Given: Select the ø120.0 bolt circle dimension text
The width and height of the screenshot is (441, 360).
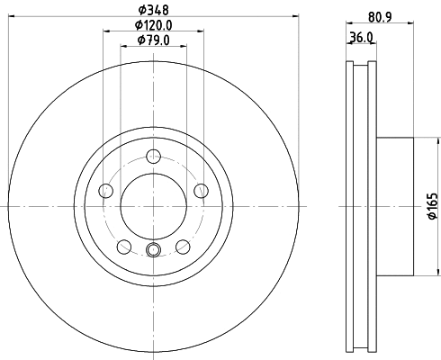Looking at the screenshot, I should [153, 24].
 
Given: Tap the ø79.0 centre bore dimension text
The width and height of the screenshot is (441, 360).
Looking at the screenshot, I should [153, 40].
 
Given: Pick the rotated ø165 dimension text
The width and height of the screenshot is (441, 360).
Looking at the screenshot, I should [430, 207].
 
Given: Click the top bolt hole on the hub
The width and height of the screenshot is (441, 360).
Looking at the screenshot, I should [153, 154].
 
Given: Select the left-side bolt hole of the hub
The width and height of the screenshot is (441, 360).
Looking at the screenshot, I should [105, 190].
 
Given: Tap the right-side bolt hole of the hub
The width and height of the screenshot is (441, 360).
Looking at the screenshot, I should [201, 190].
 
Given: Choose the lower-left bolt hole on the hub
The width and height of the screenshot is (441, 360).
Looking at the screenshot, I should [123, 246].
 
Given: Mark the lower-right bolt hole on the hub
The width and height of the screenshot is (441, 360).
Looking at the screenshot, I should [183, 246].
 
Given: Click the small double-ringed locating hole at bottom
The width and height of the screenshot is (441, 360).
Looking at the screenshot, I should [153, 251].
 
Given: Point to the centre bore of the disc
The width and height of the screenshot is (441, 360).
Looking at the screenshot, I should [153, 205].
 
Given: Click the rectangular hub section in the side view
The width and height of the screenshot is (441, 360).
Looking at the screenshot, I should [393, 205].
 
